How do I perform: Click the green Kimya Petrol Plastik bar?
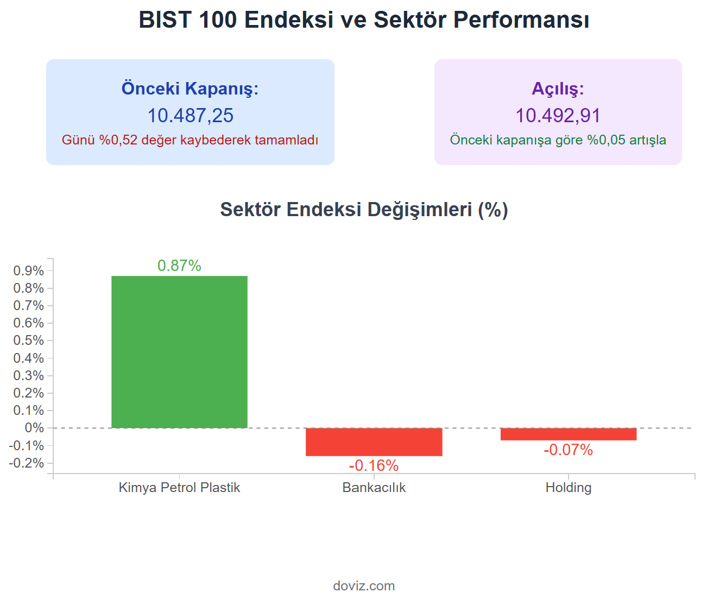click(179, 351)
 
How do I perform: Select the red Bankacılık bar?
click(374, 442)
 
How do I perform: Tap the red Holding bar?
click(568, 434)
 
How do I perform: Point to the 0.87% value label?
click(179, 266)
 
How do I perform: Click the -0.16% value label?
click(374, 465)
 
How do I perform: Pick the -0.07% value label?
click(568, 450)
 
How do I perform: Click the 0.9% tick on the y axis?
click(29, 270)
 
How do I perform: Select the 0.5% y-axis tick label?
click(29, 341)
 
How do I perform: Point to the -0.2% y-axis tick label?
click(27, 463)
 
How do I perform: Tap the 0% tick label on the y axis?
click(34, 428)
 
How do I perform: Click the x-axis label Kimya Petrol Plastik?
click(179, 487)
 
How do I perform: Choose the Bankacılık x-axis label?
click(374, 487)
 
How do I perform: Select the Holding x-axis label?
click(568, 487)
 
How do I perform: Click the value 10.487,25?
click(190, 116)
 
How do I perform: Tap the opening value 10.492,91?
click(558, 116)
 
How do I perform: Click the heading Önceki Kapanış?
click(190, 88)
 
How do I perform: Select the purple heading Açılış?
click(558, 88)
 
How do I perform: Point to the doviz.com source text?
click(364, 585)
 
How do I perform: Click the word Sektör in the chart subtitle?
click(250, 210)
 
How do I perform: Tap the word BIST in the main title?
click(165, 20)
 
